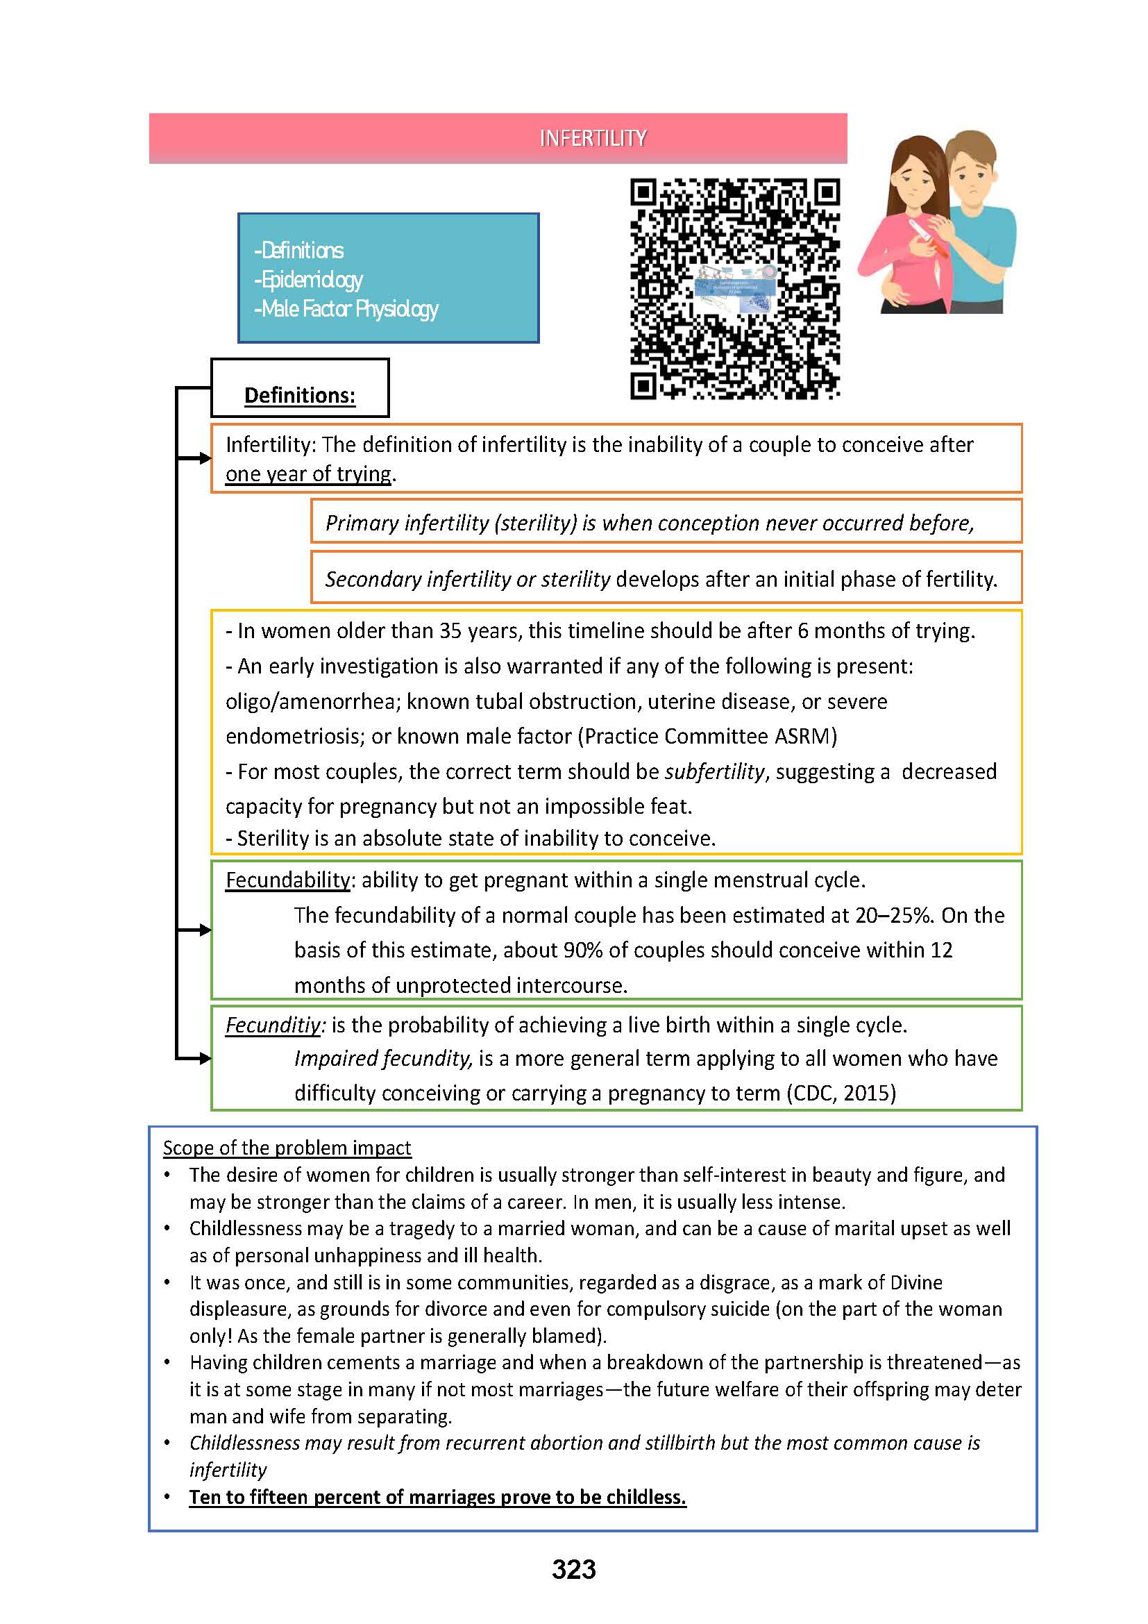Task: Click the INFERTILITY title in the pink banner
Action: (592, 138)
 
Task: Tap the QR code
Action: (734, 289)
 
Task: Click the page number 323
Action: (573, 1569)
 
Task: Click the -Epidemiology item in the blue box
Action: (308, 279)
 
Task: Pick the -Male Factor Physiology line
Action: (346, 308)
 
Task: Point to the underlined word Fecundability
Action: (288, 880)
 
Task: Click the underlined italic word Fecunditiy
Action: (273, 1025)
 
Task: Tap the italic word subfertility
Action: (714, 771)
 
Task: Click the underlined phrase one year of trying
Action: (308, 474)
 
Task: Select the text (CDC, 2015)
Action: (841, 1094)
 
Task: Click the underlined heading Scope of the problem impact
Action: (287, 1147)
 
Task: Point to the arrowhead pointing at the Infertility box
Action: (205, 458)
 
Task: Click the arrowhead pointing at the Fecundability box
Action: (205, 930)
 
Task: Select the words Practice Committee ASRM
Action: (707, 736)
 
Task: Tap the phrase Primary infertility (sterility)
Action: (451, 523)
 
